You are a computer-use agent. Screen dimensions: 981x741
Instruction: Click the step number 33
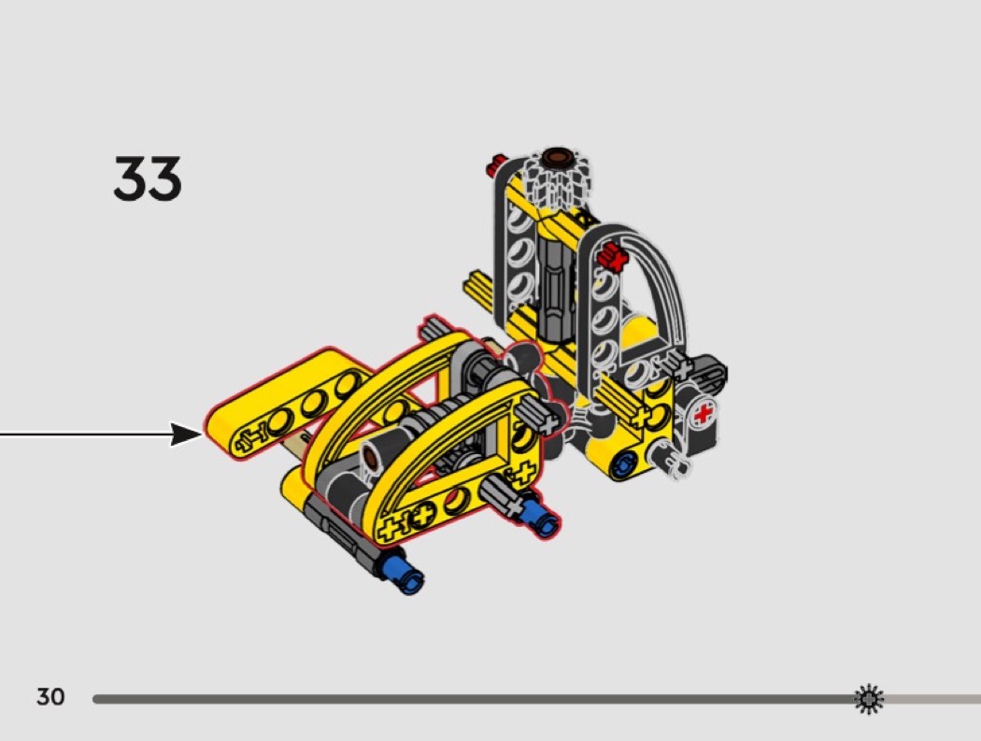[148, 179]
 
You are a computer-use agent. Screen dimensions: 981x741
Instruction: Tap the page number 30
[50, 696]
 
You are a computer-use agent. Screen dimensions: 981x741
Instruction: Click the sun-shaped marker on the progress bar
[869, 698]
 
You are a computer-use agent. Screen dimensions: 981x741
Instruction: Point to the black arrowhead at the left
[187, 434]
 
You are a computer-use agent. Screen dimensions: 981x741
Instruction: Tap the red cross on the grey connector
[704, 414]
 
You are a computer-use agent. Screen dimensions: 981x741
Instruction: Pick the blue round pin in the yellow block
[623, 464]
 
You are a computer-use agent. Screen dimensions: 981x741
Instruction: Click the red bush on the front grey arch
[611, 257]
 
